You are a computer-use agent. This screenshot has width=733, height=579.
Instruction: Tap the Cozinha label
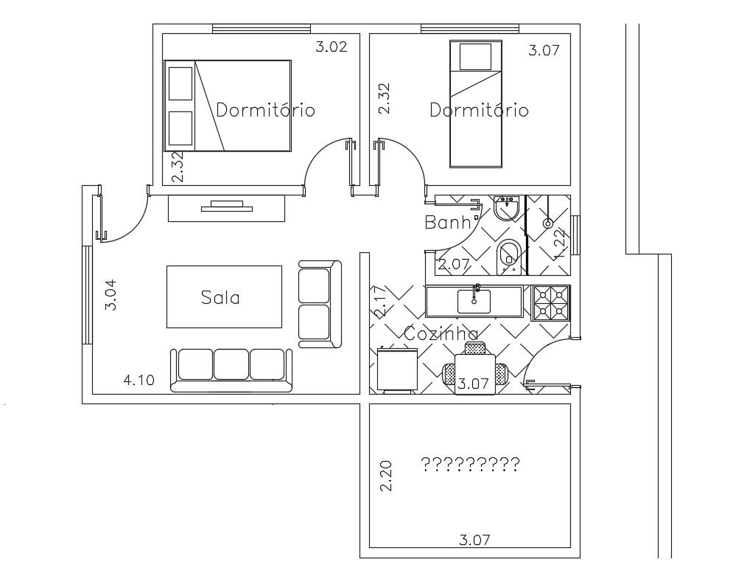pyautogui.click(x=441, y=334)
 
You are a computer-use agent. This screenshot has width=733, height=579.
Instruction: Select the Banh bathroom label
pyautogui.click(x=448, y=222)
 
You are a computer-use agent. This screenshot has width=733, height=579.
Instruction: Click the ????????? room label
pyautogui.click(x=470, y=465)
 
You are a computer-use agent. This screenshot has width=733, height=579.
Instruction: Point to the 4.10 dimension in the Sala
pyautogui.click(x=138, y=381)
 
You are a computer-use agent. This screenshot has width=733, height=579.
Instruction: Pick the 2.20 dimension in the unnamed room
pyautogui.click(x=386, y=476)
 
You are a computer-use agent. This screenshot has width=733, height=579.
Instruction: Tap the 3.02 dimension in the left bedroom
pyautogui.click(x=331, y=48)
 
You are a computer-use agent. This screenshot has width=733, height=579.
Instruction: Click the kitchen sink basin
pyautogui.click(x=475, y=301)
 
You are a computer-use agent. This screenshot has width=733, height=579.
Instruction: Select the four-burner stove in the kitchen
pyautogui.click(x=551, y=302)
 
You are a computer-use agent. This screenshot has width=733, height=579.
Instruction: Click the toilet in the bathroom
pyautogui.click(x=508, y=254)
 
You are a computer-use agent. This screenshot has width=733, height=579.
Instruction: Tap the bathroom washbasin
pyautogui.click(x=507, y=209)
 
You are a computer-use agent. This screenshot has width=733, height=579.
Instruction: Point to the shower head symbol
pyautogui.click(x=548, y=223)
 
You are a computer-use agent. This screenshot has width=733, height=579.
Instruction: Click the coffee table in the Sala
pyautogui.click(x=225, y=297)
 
